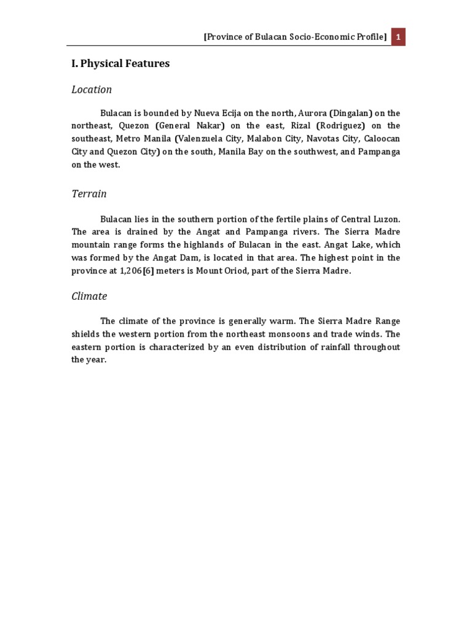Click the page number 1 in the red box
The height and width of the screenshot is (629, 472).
(x=398, y=37)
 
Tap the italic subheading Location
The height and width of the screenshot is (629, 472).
(x=92, y=90)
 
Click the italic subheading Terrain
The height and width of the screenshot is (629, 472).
(x=89, y=194)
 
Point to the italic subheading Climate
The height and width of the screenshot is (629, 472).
(x=89, y=296)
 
